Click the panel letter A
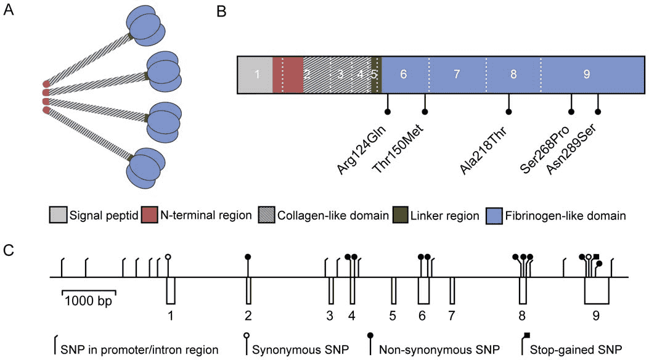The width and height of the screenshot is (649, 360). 9,12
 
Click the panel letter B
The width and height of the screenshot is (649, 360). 221,12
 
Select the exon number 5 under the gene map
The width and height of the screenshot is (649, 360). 393,316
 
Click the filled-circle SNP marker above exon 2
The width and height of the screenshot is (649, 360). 248,256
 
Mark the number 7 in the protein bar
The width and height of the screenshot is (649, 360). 457,75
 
